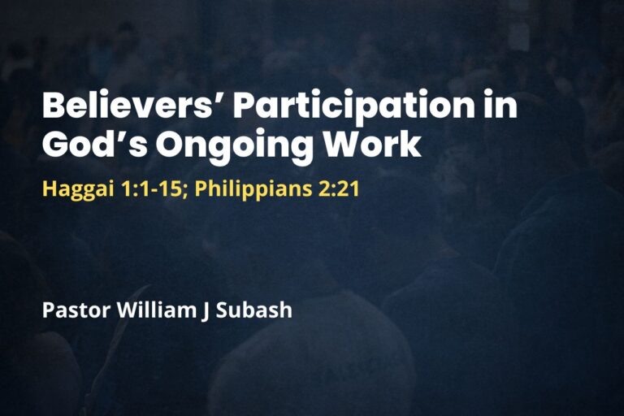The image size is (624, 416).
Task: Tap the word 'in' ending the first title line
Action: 500,108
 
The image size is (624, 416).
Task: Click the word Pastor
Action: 72,310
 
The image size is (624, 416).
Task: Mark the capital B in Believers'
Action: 54,108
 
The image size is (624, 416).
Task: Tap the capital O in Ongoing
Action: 173,144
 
